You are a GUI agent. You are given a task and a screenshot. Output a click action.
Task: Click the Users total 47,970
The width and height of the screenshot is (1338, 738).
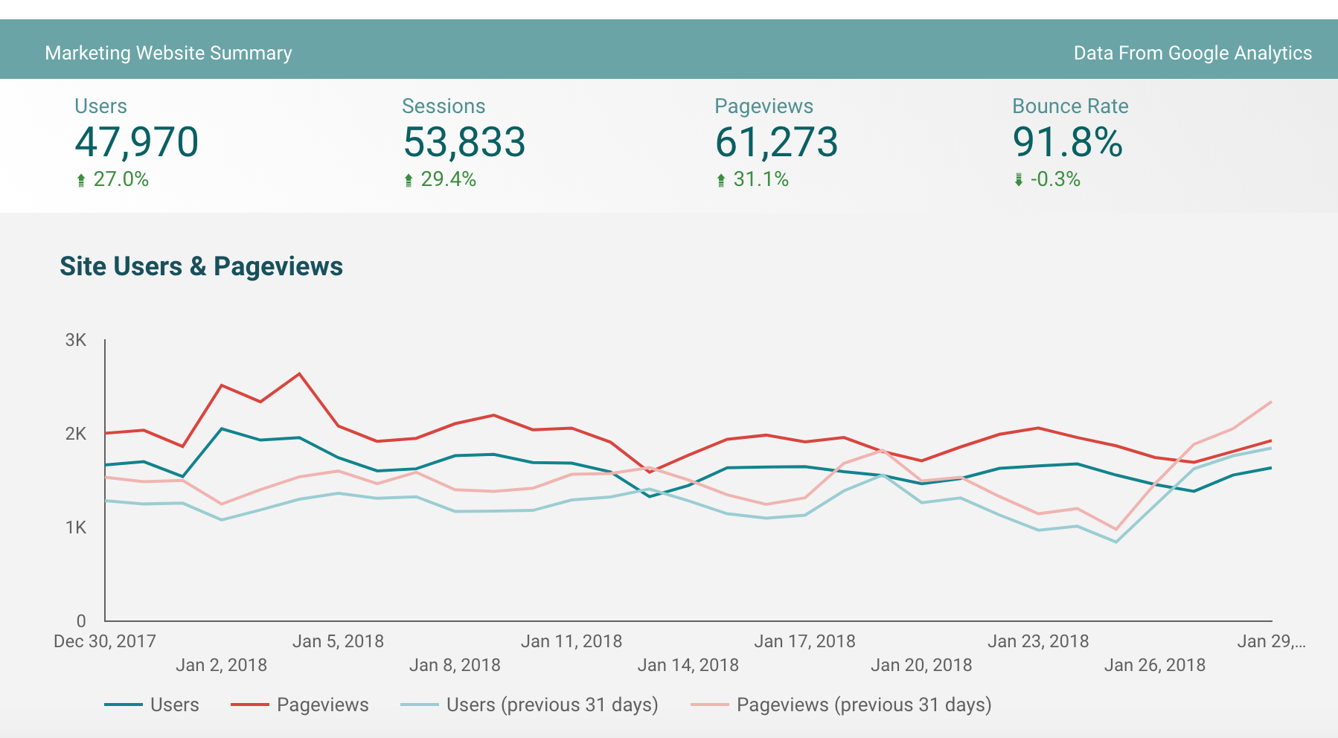point(137,142)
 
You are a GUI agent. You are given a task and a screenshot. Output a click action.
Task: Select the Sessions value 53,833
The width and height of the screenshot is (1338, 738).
point(464,142)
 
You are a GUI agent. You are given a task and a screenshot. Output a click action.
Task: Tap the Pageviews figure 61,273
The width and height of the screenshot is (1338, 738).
point(776,142)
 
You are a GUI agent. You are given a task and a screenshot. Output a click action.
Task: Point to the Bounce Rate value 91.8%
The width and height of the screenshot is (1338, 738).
point(1067,142)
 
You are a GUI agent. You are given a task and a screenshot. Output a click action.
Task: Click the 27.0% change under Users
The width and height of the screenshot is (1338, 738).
point(121,179)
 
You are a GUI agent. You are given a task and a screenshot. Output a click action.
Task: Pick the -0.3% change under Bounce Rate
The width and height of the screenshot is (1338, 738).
point(1054,179)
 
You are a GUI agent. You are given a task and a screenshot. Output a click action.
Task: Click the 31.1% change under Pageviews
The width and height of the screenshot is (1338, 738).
point(761,179)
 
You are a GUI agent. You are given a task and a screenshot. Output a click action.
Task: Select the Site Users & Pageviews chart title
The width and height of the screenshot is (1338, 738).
point(201,266)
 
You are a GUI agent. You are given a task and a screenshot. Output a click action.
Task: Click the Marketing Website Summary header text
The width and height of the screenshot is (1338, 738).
point(168,53)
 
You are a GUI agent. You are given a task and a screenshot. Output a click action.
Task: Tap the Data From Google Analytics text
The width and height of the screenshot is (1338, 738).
point(1192,53)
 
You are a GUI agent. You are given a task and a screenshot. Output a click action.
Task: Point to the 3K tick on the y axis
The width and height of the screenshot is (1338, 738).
point(76,340)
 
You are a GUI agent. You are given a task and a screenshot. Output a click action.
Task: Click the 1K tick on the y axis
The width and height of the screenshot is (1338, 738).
point(76,527)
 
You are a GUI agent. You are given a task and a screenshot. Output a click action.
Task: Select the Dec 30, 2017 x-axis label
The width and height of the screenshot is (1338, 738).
point(104,641)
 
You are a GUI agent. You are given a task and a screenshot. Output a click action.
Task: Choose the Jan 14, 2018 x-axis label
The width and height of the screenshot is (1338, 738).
point(688,665)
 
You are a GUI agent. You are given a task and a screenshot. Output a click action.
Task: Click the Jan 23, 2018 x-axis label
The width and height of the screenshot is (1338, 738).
point(1037,641)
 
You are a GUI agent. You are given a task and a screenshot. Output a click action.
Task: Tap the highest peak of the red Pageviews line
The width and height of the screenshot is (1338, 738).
point(299,373)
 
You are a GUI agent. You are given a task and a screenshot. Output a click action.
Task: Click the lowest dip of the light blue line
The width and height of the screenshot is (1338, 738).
point(1115,542)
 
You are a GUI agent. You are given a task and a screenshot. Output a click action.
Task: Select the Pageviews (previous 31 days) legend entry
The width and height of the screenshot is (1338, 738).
point(863,705)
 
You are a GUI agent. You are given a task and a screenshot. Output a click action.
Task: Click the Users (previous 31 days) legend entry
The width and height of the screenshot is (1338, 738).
point(551,705)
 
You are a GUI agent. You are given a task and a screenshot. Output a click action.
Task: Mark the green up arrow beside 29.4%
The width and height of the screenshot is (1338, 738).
point(408,180)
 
